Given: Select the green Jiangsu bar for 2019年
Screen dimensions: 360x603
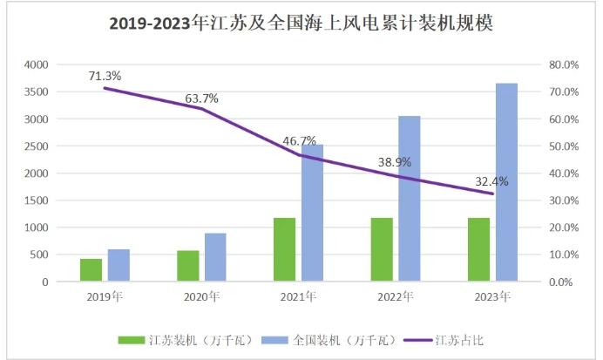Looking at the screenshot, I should [x=91, y=270].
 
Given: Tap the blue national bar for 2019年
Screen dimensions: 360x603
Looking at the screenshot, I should [x=119, y=266].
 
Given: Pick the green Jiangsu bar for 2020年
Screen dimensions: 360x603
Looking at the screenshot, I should [x=188, y=266].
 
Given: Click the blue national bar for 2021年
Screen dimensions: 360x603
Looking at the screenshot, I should [x=313, y=214].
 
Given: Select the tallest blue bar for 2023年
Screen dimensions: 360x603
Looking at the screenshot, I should [x=506, y=183].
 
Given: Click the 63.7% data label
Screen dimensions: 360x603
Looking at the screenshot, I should [x=201, y=98].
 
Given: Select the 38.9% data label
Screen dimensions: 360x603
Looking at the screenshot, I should [x=394, y=163].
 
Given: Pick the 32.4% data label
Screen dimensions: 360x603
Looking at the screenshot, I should [x=491, y=181].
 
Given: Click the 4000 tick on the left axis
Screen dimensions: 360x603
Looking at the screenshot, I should [x=36, y=65].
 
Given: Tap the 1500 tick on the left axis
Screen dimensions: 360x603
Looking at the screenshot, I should [x=36, y=200].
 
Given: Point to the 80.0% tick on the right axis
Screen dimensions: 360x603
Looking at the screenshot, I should [x=560, y=65].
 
